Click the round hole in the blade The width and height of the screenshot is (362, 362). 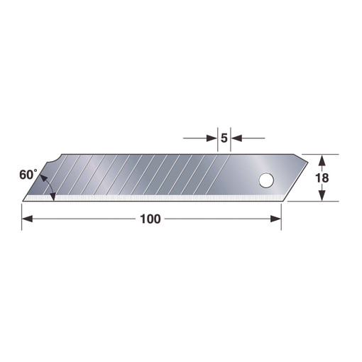tap(266, 180)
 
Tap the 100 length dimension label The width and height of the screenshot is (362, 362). tap(150, 219)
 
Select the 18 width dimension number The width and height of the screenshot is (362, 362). tap(322, 178)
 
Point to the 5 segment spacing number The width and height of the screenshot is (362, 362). tap(224, 138)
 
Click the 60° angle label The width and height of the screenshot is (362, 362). tap(28, 175)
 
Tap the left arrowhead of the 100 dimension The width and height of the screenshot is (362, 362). tap(27, 219)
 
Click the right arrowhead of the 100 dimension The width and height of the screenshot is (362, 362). tap(275, 219)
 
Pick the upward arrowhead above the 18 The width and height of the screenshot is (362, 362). tap(321, 160)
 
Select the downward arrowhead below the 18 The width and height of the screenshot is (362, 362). tap(321, 196)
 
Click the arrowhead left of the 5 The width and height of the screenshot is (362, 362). tap(212, 138)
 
